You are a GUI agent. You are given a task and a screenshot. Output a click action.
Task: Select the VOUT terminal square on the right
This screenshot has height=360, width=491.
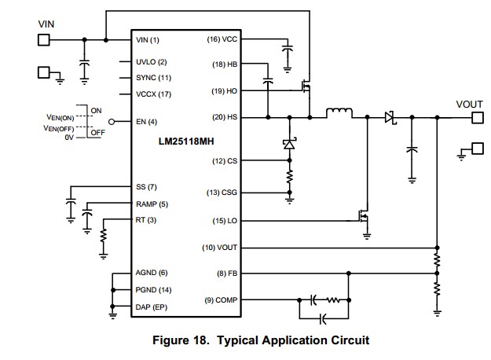point(475,118)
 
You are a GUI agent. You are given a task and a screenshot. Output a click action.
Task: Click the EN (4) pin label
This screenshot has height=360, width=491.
point(147,121)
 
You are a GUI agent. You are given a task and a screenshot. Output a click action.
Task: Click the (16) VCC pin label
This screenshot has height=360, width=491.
point(222,39)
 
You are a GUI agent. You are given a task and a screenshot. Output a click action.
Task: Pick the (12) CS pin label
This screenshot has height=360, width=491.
point(224,161)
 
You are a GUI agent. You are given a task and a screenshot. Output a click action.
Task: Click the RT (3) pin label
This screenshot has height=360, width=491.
point(146,219)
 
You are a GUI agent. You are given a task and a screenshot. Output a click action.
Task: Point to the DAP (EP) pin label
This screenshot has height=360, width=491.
point(152,307)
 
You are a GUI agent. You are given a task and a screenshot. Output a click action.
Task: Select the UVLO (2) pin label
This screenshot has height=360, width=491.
point(152,61)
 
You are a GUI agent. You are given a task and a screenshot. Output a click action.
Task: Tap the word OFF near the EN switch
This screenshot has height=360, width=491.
point(98,133)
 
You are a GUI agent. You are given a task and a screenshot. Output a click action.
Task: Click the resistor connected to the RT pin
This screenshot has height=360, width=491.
point(104,237)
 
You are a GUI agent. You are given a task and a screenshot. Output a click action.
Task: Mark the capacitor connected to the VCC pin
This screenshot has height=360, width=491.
point(287,51)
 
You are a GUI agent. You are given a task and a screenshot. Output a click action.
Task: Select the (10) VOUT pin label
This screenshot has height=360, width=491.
point(219,248)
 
